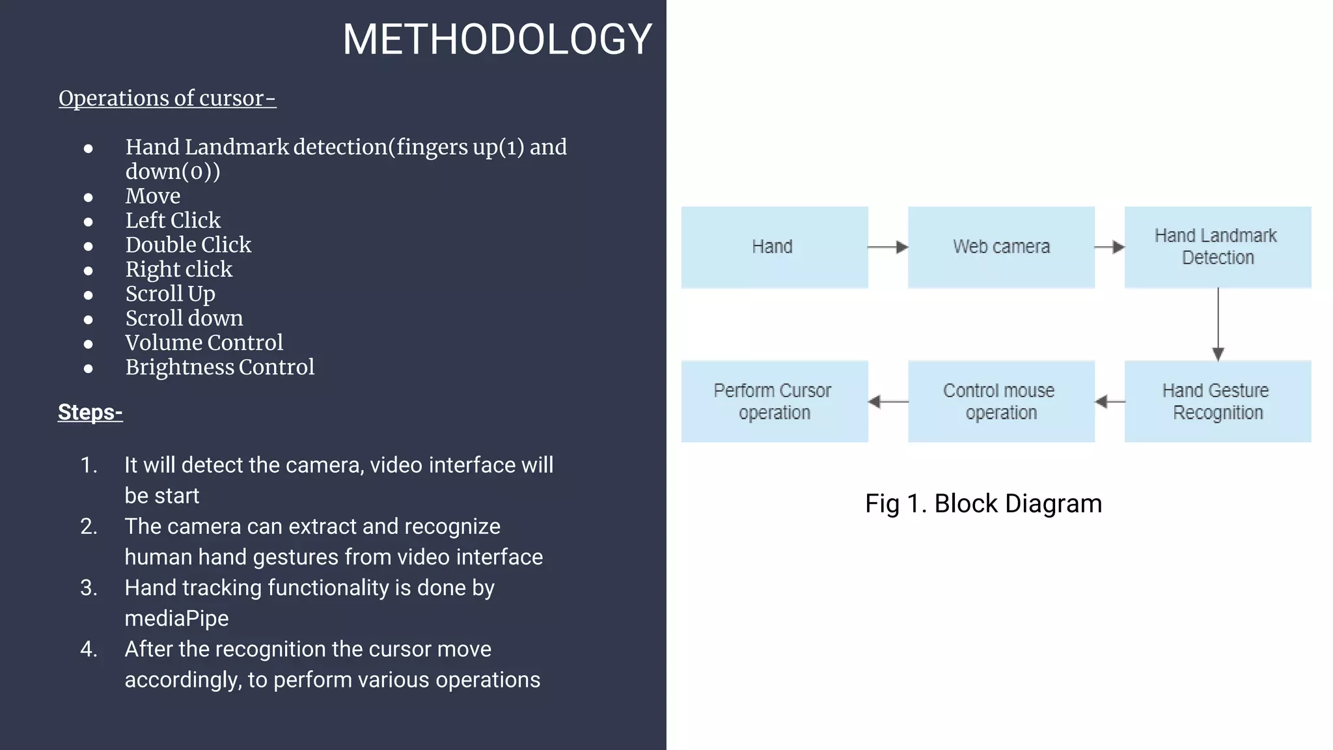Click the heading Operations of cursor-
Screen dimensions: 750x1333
click(167, 98)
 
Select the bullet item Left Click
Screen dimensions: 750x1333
click(172, 220)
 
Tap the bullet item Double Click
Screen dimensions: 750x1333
click(188, 245)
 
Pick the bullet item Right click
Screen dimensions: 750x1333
click(178, 270)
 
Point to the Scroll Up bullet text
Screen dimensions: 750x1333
click(170, 294)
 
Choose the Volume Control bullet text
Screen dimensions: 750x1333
click(204, 342)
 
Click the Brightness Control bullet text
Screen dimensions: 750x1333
click(219, 367)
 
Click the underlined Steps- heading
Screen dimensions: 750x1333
click(90, 412)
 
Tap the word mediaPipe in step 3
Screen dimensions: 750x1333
click(176, 618)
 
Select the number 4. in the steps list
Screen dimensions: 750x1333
click(89, 649)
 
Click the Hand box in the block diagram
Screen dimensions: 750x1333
click(774, 247)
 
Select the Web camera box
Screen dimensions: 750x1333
click(1001, 247)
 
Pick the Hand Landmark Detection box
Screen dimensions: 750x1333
click(1217, 247)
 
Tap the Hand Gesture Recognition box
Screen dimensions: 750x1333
click(1217, 401)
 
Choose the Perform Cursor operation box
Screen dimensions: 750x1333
click(774, 401)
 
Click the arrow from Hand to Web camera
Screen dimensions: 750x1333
click(888, 247)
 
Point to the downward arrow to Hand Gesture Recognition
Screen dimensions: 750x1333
click(1218, 324)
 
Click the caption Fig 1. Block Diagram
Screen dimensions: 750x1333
click(983, 504)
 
